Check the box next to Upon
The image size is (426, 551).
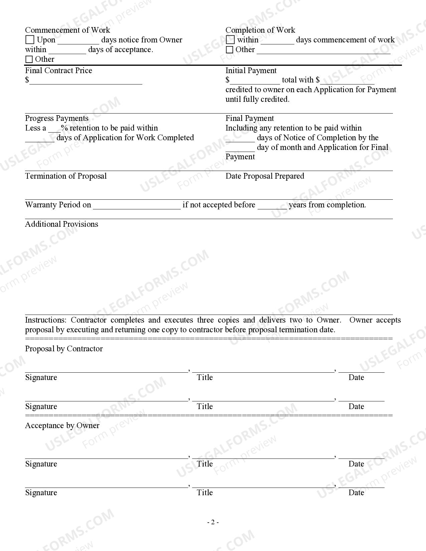pyautogui.click(x=30, y=40)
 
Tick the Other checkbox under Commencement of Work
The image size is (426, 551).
pyautogui.click(x=29, y=59)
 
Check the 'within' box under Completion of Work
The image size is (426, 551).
pyautogui.click(x=230, y=40)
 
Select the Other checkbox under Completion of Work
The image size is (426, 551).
pyautogui.click(x=230, y=50)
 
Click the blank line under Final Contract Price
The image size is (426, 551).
pyautogui.click(x=86, y=82)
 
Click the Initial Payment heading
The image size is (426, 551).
pyautogui.click(x=251, y=70)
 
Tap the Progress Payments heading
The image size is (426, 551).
pyautogui.click(x=57, y=118)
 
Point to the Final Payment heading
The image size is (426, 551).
pyautogui.click(x=250, y=118)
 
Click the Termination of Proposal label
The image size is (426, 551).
pyautogui.click(x=66, y=176)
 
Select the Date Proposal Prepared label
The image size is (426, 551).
pyautogui.click(x=265, y=176)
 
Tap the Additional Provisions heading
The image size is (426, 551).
pyautogui.click(x=61, y=224)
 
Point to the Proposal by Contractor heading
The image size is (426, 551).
pyautogui.click(x=64, y=349)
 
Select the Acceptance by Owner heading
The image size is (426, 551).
pyautogui.click(x=62, y=425)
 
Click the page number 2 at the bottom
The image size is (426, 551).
pyautogui.click(x=213, y=522)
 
